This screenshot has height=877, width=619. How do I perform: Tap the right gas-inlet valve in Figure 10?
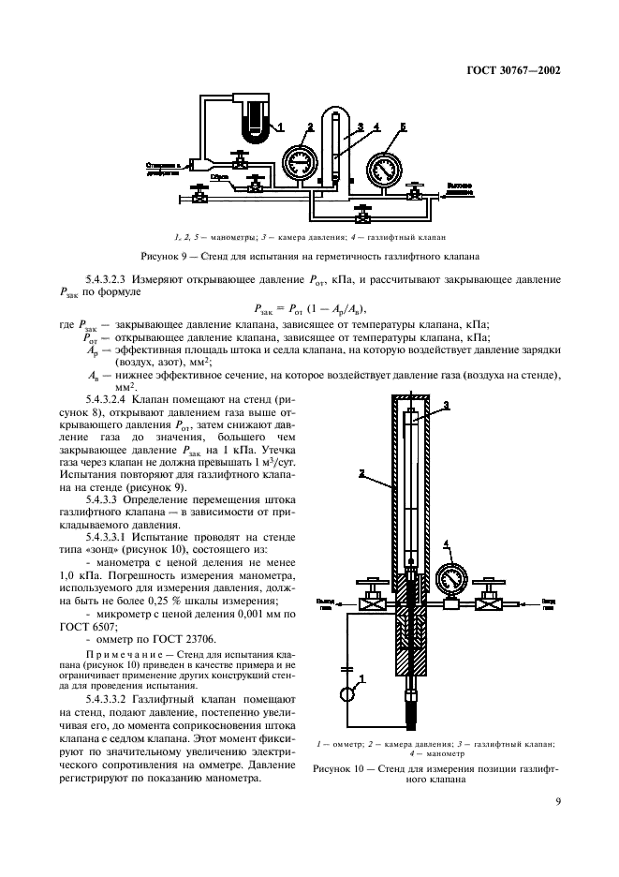[488, 604]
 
